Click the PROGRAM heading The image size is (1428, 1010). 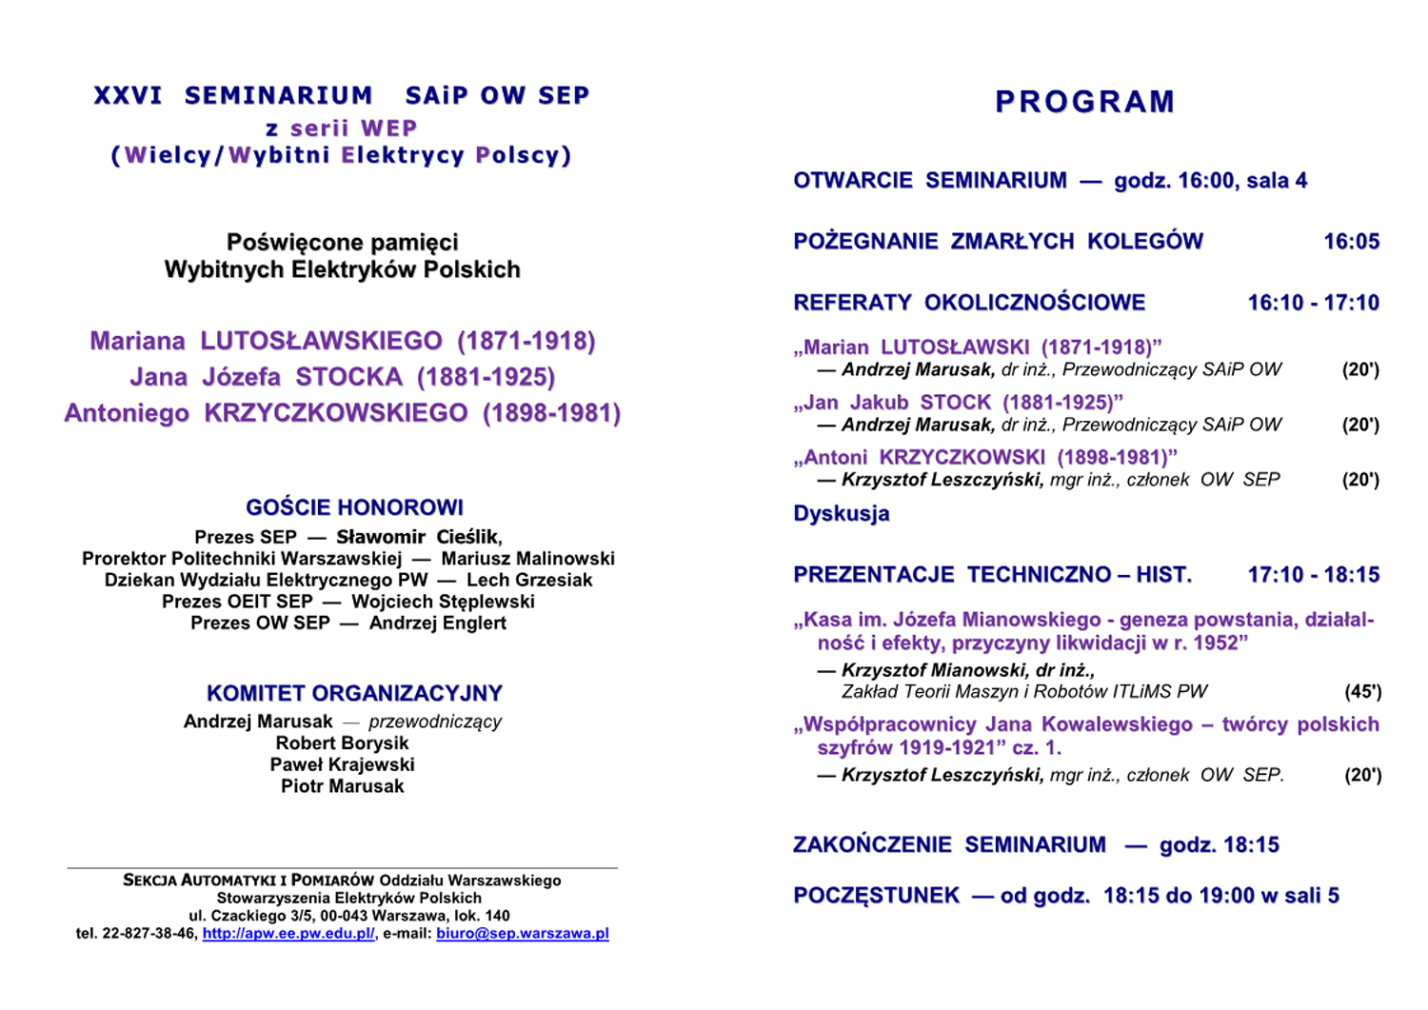click(x=1084, y=102)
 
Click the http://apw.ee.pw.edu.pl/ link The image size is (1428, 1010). click(x=288, y=934)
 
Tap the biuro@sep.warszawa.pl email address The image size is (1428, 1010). click(x=522, y=934)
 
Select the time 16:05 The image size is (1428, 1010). click(x=1351, y=242)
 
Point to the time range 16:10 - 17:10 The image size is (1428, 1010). click(x=1313, y=303)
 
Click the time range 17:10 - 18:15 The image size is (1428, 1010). click(x=1313, y=575)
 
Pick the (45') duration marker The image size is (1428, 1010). click(x=1362, y=692)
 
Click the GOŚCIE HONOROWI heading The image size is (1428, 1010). click(x=354, y=507)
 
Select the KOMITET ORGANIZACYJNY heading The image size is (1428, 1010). click(x=354, y=693)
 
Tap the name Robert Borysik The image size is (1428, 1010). click(x=342, y=743)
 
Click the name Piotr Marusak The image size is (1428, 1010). click(x=342, y=786)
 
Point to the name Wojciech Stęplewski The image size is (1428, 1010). click(x=443, y=602)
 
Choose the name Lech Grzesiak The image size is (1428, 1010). click(x=528, y=580)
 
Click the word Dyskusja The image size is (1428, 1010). click(x=842, y=514)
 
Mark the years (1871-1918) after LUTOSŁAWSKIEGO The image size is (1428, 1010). click(x=526, y=341)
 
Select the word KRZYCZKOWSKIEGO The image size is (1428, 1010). click(x=336, y=413)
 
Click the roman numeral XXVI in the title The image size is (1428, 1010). click(x=128, y=96)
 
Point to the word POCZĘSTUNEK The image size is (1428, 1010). click(x=876, y=896)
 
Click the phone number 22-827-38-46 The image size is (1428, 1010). click(x=149, y=934)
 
